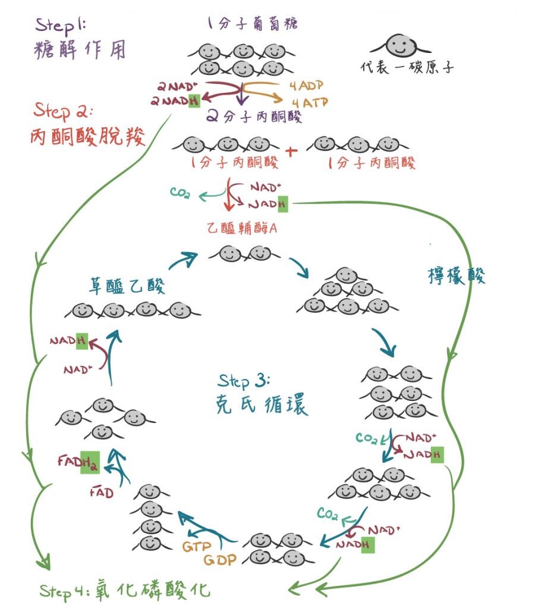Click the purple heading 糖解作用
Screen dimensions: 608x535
coord(80,50)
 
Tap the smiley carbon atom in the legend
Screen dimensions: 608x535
coord(395,45)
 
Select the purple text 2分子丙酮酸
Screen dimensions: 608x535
coord(254,116)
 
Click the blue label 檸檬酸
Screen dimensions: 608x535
coord(457,275)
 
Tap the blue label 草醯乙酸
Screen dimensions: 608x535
coord(127,286)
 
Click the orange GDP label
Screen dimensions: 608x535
coord(221,560)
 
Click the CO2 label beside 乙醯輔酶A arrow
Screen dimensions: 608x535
coord(180,193)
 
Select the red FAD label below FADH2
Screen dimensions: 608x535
coord(101,492)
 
